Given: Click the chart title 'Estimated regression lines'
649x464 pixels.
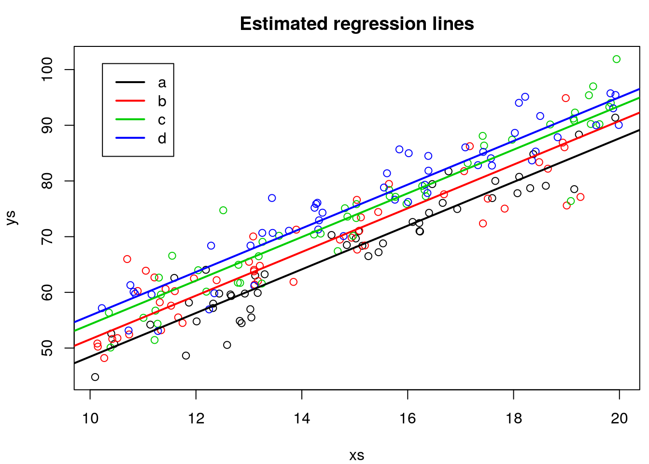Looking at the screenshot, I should coord(357,24).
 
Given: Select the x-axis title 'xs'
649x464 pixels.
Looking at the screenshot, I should coord(357,455).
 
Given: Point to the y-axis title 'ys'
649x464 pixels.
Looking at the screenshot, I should coord(12,217).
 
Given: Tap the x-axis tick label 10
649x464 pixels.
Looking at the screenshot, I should coord(90,418).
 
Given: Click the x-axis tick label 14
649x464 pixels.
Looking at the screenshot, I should coord(302,418).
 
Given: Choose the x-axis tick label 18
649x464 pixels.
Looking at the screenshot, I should coord(514,418).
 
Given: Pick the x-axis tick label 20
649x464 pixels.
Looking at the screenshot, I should coord(620,418).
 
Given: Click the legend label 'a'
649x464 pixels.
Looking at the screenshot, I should coord(162,83).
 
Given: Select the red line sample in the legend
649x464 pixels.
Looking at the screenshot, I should coord(130,101).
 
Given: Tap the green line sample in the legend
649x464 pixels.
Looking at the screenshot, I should coord(130,119).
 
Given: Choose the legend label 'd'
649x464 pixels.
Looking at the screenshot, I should coord(162,138).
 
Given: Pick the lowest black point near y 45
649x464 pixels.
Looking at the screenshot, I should coord(95,377).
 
